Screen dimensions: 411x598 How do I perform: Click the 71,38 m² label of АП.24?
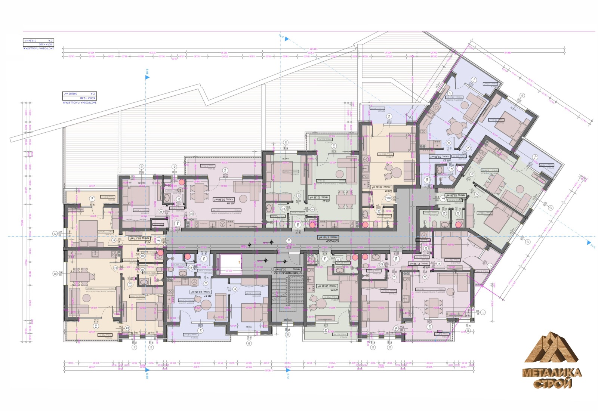tap(418, 263)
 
